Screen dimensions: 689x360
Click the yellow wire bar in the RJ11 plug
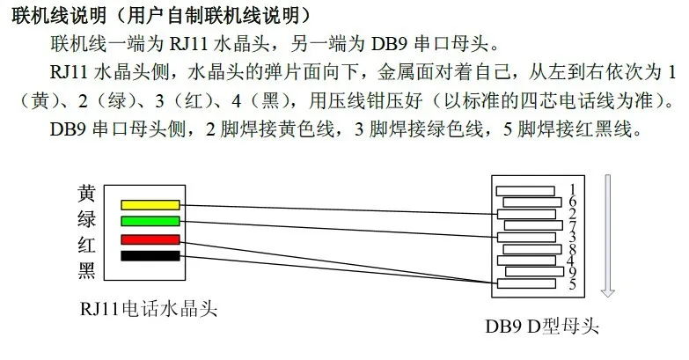(150, 205)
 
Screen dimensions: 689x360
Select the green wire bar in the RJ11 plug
(150, 221)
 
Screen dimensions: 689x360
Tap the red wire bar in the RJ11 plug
(150, 239)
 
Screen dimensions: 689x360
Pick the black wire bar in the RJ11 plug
(150, 256)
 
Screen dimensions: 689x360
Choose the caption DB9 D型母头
(542, 327)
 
